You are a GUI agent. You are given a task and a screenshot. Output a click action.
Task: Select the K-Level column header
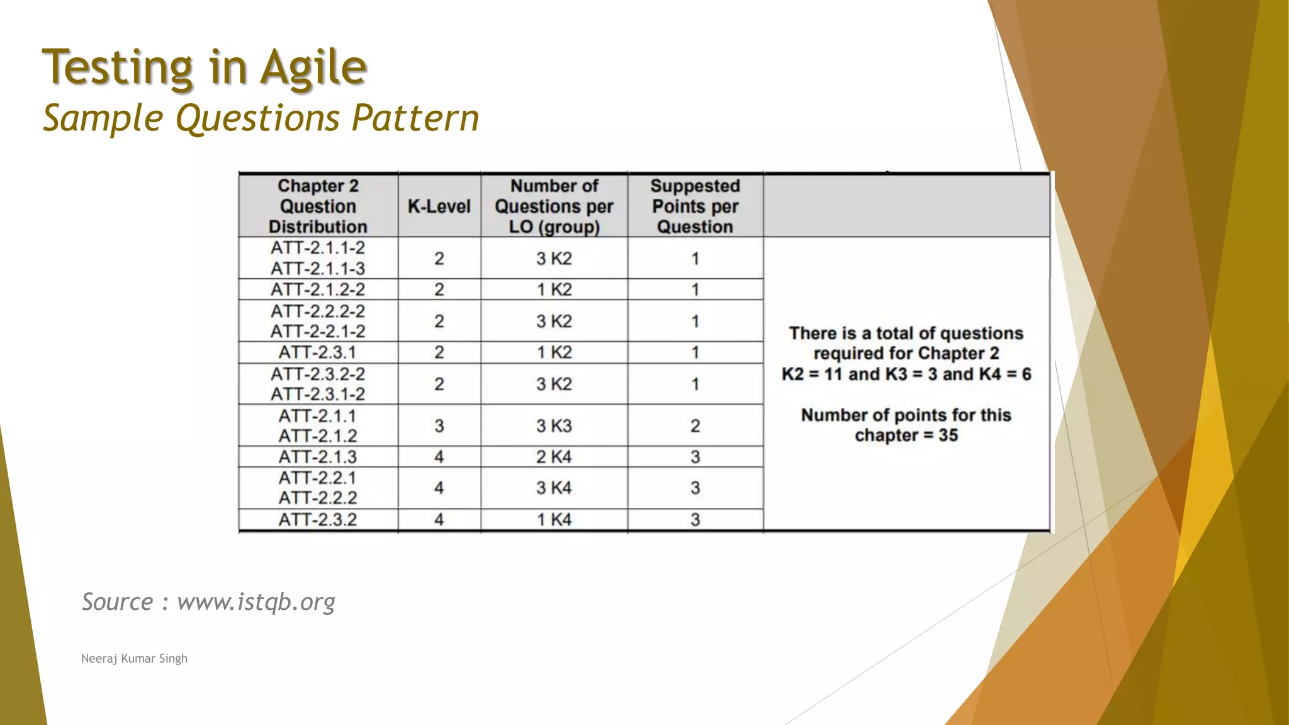[x=439, y=206]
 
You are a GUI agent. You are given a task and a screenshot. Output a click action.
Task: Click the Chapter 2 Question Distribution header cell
[x=318, y=206]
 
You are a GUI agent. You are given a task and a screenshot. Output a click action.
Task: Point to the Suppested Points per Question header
[x=695, y=206]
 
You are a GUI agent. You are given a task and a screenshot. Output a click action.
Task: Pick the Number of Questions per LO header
[x=554, y=206]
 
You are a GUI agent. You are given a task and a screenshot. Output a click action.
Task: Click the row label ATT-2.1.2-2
[x=318, y=289]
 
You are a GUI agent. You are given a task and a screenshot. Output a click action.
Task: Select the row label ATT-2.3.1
[x=318, y=352]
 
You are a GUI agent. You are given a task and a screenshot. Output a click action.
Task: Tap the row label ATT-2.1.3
[x=318, y=457]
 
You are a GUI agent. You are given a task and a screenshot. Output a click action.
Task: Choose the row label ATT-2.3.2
[x=318, y=520]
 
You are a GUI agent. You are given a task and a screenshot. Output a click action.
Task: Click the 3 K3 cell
[x=554, y=426]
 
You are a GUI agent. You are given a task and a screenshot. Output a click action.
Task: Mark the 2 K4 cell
[x=554, y=457]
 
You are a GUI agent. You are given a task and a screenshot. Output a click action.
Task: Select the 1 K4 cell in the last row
[x=554, y=520]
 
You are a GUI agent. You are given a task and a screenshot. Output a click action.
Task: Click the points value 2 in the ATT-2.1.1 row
[x=695, y=426]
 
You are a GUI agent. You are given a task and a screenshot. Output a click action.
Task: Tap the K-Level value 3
[x=439, y=426]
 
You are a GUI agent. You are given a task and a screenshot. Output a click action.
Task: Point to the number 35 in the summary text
[x=948, y=436]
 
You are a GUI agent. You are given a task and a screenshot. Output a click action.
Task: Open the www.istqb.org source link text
[x=256, y=602]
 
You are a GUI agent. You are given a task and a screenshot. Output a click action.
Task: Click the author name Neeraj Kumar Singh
[x=134, y=658]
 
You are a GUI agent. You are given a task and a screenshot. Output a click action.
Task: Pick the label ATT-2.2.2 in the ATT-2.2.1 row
[x=318, y=498]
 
